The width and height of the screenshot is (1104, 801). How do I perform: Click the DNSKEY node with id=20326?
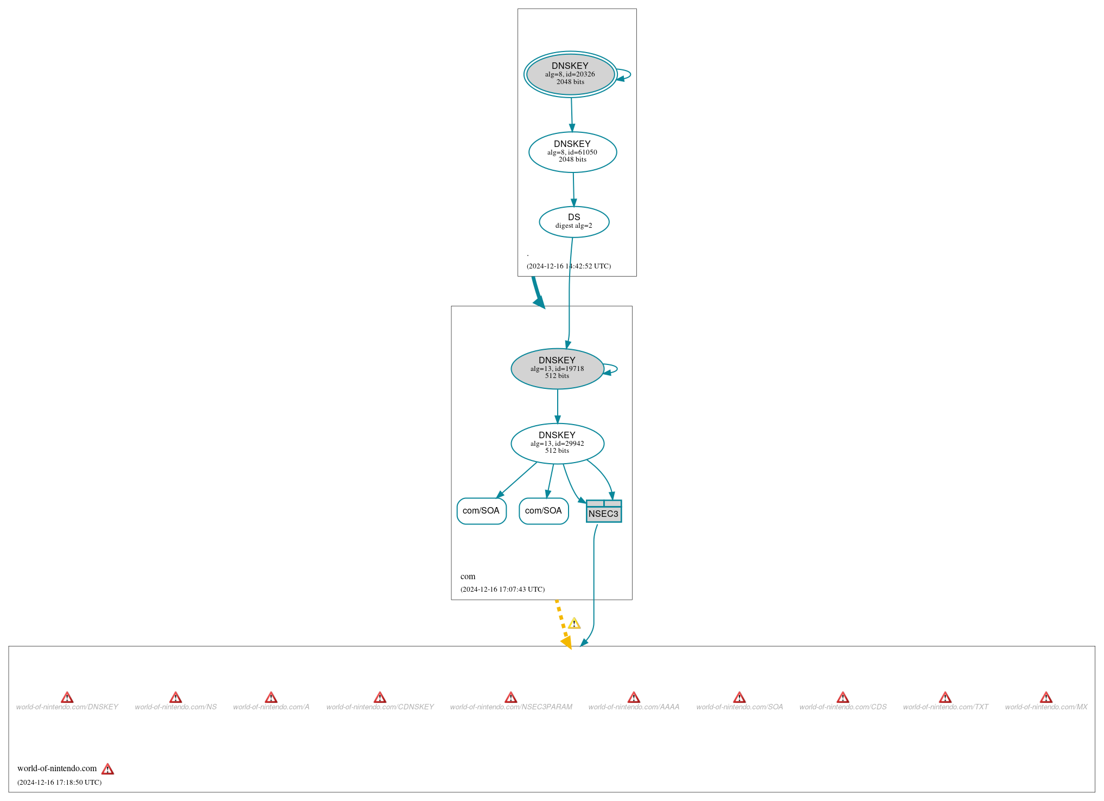pos(570,74)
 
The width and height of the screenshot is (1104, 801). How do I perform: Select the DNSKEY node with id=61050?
pos(572,152)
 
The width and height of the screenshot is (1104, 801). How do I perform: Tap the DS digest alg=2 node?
pos(574,222)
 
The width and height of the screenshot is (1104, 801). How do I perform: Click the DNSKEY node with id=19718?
pos(557,368)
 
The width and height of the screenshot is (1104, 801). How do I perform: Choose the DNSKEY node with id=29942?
pos(557,444)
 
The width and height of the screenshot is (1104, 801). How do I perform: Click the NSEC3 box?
pos(604,511)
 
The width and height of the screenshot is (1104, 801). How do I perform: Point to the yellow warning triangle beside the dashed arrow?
pos(574,623)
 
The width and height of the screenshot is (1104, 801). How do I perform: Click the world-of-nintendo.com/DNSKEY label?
pos(67,707)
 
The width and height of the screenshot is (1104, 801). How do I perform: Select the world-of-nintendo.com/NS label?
pos(176,707)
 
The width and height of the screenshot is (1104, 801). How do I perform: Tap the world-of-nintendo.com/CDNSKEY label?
pos(380,707)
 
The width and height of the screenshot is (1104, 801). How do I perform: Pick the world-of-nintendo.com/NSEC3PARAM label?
pos(511,707)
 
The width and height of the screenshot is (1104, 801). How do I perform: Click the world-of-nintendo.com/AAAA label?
pos(634,707)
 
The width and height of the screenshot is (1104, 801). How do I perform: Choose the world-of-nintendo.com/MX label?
pos(1046,707)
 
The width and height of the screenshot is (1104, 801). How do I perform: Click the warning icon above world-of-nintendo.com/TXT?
pos(945,697)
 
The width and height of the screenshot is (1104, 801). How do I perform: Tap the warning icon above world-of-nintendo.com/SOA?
pos(739,697)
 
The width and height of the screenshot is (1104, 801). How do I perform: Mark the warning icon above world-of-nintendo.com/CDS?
pos(843,697)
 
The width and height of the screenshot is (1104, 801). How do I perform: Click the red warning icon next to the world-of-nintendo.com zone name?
pos(108,769)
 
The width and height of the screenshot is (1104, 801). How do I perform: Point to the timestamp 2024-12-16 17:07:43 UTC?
pos(502,589)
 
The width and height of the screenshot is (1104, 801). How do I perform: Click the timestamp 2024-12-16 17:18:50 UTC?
pos(59,782)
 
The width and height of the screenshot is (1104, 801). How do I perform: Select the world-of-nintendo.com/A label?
pos(271,707)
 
